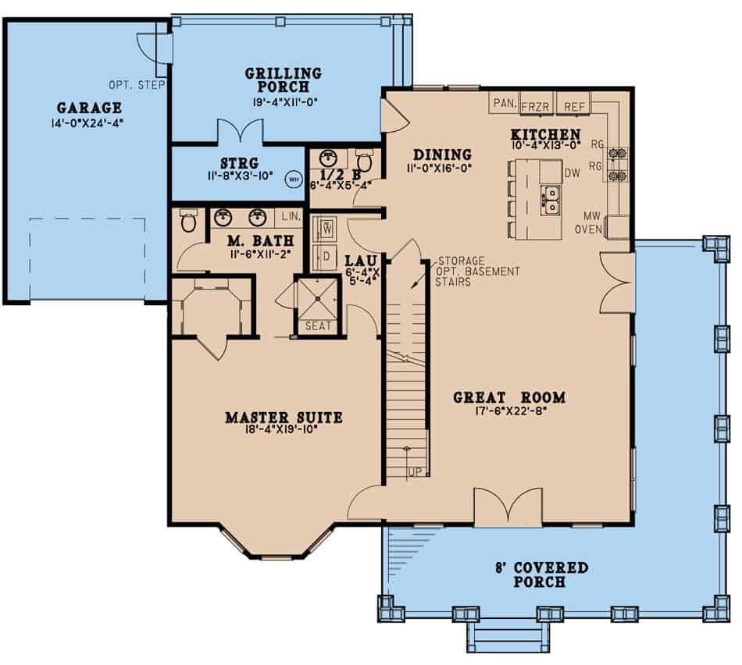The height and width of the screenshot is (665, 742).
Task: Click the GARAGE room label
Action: pyautogui.click(x=89, y=108)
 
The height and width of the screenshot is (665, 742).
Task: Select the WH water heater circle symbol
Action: pyautogui.click(x=294, y=179)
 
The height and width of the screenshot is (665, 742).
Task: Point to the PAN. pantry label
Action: pyautogui.click(x=501, y=103)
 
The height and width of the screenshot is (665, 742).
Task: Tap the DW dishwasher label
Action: pyautogui.click(x=572, y=174)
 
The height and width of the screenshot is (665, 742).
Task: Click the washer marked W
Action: pyautogui.click(x=326, y=228)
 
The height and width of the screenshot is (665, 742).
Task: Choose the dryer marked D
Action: pyautogui.click(x=326, y=254)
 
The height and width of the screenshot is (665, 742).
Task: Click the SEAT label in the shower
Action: pyautogui.click(x=317, y=326)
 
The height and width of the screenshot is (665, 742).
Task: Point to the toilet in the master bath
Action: pyautogui.click(x=187, y=222)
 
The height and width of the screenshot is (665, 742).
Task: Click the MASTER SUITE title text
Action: pyautogui.click(x=284, y=418)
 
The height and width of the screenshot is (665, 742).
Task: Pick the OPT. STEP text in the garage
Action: pyautogui.click(x=137, y=84)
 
